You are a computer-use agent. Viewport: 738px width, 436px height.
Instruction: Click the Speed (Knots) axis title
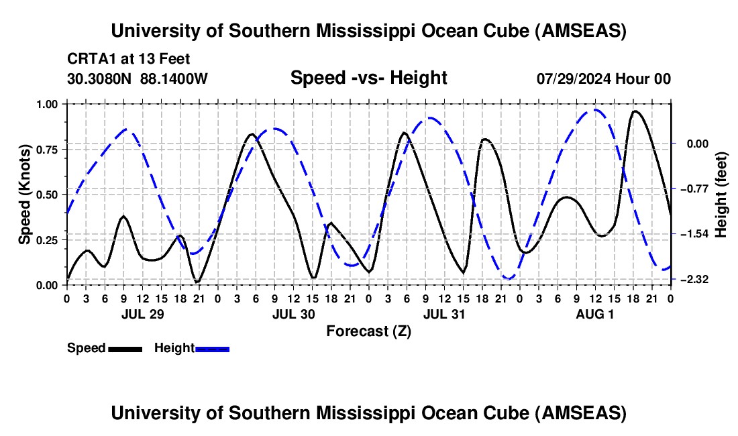coord(25,195)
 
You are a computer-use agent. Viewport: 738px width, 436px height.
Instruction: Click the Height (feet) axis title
coord(722,195)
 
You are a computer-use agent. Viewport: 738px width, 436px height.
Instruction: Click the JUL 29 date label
coord(142,314)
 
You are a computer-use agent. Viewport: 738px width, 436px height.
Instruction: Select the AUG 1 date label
coord(594,314)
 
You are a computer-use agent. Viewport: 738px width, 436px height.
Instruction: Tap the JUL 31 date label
coord(444,314)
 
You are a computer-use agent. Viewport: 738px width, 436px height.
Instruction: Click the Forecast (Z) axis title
coord(368,331)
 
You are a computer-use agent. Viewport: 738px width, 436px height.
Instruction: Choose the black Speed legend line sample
coord(125,348)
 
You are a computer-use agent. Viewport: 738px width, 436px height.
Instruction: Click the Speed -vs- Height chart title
coord(368,78)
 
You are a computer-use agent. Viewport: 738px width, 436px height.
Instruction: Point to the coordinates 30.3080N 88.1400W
coord(138,78)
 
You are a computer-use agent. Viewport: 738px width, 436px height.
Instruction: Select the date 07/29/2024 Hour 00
coord(604,78)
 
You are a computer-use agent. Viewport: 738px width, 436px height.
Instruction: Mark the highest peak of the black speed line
coord(635,111)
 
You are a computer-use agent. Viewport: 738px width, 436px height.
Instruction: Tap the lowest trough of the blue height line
coord(509,278)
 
